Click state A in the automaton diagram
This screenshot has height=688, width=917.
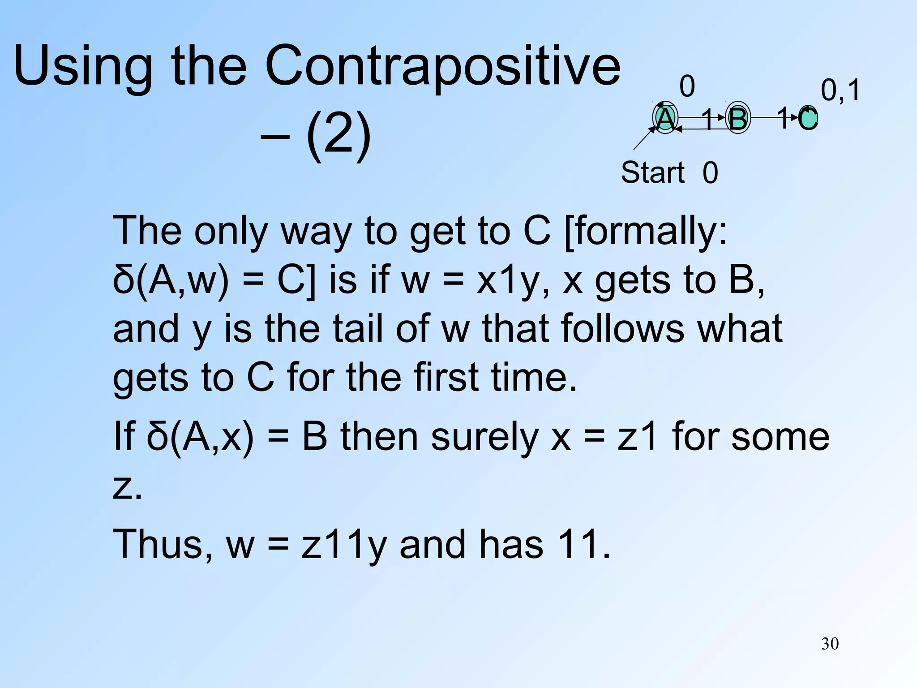[x=665, y=119]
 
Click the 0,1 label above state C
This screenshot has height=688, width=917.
[x=840, y=90]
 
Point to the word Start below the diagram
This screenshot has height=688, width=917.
[x=652, y=172]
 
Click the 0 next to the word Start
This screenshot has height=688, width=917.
[x=710, y=173]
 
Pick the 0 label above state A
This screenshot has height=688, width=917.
[x=687, y=86]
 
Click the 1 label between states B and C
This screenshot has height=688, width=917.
[x=783, y=118]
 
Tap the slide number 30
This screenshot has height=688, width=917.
[x=830, y=644]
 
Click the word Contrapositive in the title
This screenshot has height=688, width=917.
[x=442, y=66]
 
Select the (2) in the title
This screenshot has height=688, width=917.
[x=339, y=134]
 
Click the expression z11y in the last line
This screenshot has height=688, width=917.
[x=343, y=544]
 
